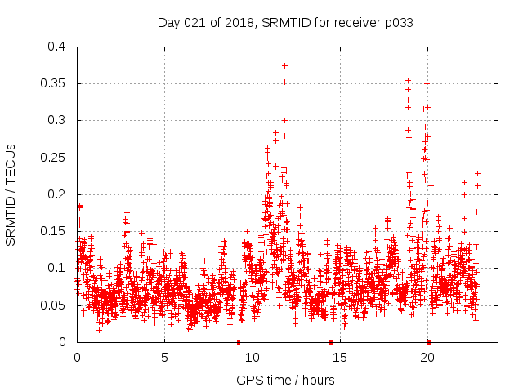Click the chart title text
pyautogui.click(x=284, y=22)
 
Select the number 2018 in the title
pyautogui.click(x=243, y=22)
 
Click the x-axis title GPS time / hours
pyautogui.click(x=285, y=380)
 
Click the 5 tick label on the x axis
pyautogui.click(x=164, y=357)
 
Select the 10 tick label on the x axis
pyautogui.click(x=253, y=357)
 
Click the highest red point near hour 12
pyautogui.click(x=285, y=65)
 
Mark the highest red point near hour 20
pyautogui.click(x=427, y=73)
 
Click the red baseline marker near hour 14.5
pyautogui.click(x=331, y=341)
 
